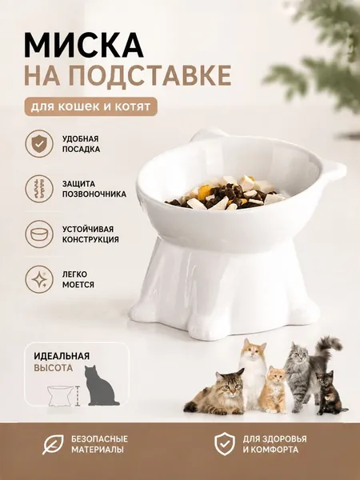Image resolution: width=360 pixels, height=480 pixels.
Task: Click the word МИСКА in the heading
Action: pos(83,46)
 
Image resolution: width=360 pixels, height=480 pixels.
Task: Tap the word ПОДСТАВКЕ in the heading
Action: pos(148,75)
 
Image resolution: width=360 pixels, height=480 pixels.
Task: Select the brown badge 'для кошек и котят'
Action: pos(91,106)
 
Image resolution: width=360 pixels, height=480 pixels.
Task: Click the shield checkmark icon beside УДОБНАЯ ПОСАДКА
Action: pos(39,143)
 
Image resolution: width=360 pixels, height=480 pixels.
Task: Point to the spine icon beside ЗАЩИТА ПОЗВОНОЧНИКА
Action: pos(39,189)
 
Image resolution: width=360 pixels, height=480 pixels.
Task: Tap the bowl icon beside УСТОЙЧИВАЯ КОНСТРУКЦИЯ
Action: pos(39,234)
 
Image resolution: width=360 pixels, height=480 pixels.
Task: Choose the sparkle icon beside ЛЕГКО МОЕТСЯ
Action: pos(39,279)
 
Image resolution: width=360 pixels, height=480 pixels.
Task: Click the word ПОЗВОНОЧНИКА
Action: pos(94,194)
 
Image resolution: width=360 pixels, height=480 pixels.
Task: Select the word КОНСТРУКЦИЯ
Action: pos(90,239)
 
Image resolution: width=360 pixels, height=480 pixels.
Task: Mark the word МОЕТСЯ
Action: pos(78,285)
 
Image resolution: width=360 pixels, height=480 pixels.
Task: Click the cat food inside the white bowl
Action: pos(225,194)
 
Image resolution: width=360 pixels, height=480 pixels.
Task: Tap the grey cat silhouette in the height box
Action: pos(101,386)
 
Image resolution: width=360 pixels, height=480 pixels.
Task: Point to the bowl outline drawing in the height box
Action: pos(60,396)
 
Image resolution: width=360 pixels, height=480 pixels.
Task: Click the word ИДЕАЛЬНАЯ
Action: pos(62,356)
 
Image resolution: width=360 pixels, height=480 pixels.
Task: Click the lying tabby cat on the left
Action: pos(216,392)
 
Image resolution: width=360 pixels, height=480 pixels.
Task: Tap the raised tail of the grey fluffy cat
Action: pos(329,346)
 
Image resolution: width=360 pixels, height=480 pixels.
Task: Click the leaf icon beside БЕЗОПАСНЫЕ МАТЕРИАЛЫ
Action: pos(53,445)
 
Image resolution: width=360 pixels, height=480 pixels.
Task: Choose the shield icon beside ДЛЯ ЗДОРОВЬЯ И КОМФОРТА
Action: pos(224,444)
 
